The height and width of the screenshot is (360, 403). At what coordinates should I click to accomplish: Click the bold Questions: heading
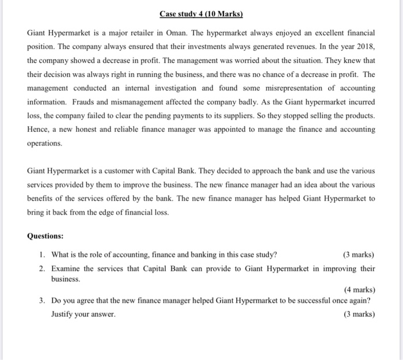point(45,236)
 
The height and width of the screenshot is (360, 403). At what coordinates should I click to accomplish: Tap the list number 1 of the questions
point(43,255)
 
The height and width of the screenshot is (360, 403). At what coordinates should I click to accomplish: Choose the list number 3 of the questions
point(43,301)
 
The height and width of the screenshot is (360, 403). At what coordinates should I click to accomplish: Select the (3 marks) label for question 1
point(358,255)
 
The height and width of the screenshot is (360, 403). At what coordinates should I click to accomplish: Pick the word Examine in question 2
point(67,268)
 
